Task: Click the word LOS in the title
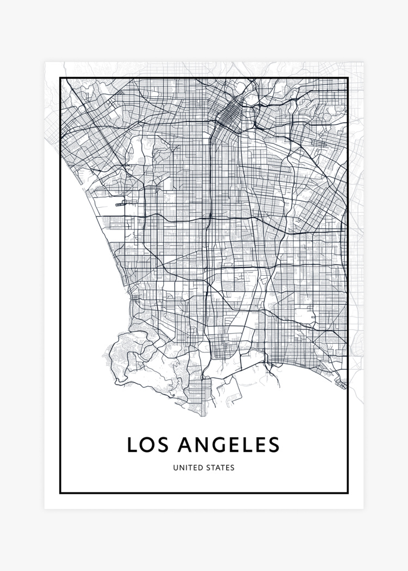[x=147, y=444]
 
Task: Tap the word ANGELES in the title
[x=228, y=444]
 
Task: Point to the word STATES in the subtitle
[x=220, y=467]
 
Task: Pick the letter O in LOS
[x=147, y=444]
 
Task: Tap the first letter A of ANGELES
[x=184, y=444]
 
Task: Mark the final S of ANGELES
[x=273, y=444]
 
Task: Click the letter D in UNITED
[x=200, y=467]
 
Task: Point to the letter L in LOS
[x=132, y=444]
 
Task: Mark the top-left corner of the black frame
[x=60, y=79]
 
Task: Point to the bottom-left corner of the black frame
[x=60, y=493]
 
